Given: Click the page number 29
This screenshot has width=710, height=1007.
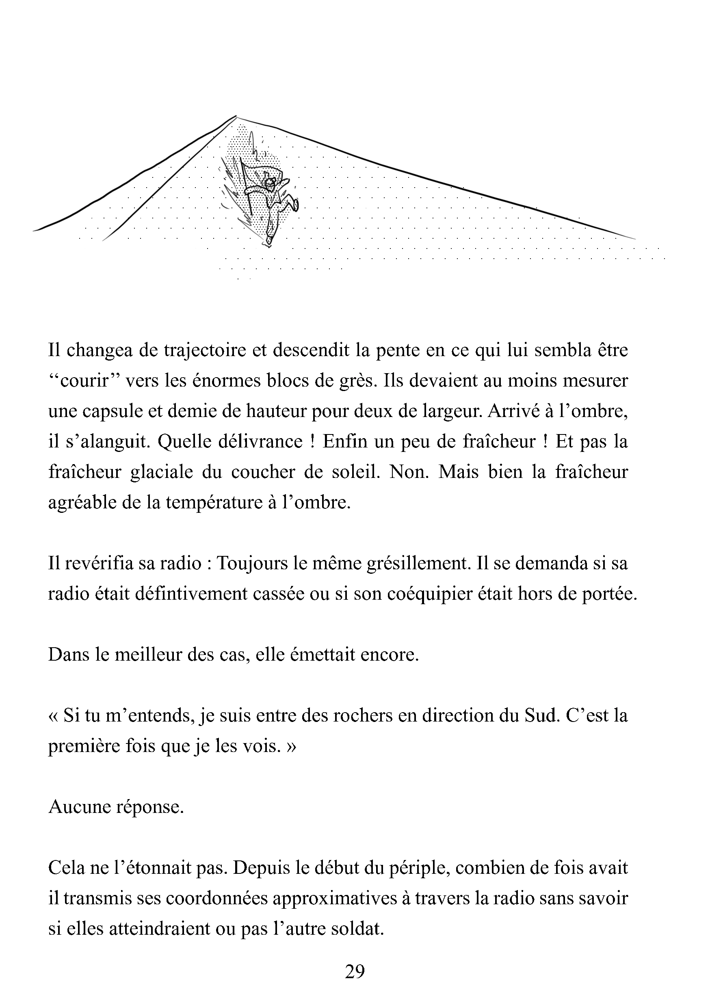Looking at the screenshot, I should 355,972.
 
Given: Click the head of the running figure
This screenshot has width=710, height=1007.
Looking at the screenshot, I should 271,182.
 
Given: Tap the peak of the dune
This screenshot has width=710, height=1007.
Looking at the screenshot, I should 236,117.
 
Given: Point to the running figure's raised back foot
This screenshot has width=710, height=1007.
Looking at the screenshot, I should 295,204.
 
